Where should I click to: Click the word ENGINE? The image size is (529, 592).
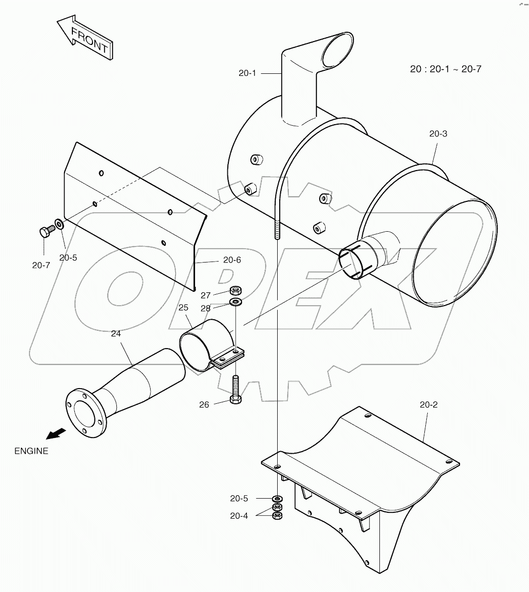pos(31,451)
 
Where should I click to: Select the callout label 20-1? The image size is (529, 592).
pos(247,73)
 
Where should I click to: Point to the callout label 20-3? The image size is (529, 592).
pos(438,133)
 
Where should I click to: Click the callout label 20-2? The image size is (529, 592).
pos(428,404)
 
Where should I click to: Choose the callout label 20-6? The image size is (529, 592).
pos(232,260)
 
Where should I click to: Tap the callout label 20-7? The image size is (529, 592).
pos(41,265)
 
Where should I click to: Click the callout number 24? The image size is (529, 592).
pos(115,334)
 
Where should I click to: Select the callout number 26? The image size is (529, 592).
pos(204,404)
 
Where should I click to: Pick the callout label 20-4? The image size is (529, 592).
pos(239,516)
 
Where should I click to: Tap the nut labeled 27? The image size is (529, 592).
pos(235,291)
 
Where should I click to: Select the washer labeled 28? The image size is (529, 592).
pos(236,303)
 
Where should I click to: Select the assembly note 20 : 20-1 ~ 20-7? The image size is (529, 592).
pos(445,69)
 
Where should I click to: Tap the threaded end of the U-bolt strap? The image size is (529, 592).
pos(277,230)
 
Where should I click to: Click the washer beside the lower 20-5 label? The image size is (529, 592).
pos(277,498)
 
